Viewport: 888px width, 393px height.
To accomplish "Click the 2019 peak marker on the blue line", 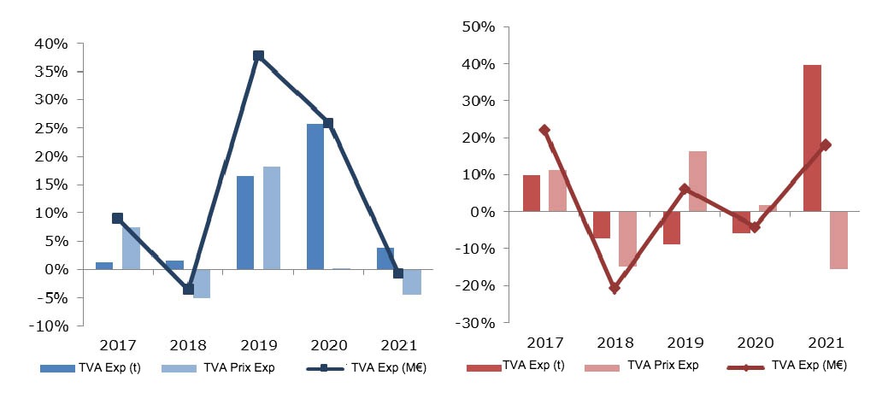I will [x=258, y=56].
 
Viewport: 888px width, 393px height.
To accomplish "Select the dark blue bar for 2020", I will [x=315, y=196].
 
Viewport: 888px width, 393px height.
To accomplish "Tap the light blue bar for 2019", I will [x=272, y=218].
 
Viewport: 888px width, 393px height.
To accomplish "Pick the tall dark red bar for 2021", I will [x=812, y=138].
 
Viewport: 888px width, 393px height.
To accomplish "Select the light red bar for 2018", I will [x=627, y=239].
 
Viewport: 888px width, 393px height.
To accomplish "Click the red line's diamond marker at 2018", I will [x=614, y=288].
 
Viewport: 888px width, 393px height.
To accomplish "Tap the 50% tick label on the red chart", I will [x=479, y=26].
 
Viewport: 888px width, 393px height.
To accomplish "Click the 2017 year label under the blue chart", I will [x=118, y=345].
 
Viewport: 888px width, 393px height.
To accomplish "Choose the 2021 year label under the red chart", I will [x=824, y=343].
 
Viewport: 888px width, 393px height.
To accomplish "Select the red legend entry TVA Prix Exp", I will [x=662, y=366].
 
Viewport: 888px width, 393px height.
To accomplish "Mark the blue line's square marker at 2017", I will [x=118, y=219].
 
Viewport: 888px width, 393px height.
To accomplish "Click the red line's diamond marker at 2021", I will [x=825, y=145].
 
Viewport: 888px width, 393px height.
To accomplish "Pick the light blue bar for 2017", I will [x=131, y=248].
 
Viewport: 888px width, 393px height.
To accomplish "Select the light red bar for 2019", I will [x=697, y=181].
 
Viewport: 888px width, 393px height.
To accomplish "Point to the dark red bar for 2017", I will [x=532, y=193].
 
